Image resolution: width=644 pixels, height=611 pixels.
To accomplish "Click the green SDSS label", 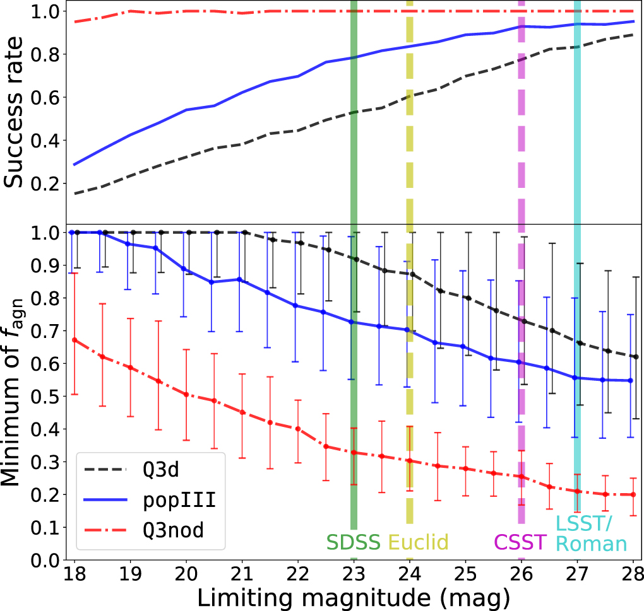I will click(x=353, y=542).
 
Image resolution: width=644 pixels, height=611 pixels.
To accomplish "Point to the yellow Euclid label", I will click(x=418, y=542).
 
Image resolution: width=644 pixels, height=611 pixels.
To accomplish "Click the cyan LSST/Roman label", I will click(x=591, y=533).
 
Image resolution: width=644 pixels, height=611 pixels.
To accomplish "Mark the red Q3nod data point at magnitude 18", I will click(x=75, y=340).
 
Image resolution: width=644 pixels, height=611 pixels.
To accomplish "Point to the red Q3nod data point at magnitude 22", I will click(x=297, y=429).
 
